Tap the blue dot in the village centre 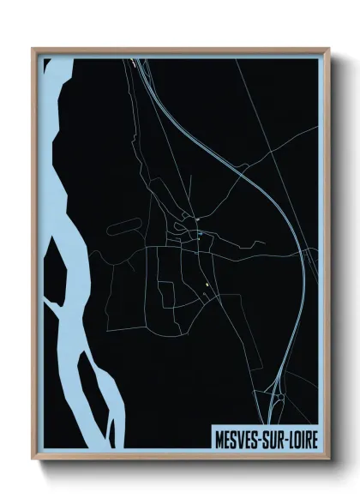point(200,233)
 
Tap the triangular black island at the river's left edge point(53,274)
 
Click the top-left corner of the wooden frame point(33,48)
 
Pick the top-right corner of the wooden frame point(328,48)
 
